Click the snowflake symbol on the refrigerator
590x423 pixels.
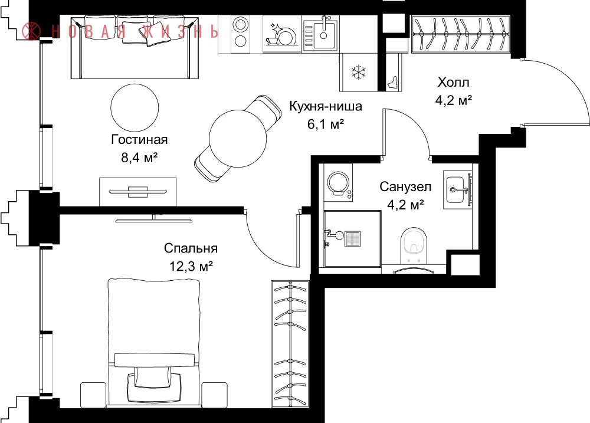(x=359, y=73)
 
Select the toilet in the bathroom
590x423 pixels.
(x=414, y=246)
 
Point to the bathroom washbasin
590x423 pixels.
(x=458, y=190)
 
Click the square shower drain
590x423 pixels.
(x=353, y=238)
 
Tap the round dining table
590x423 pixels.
(x=238, y=139)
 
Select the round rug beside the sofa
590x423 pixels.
(x=135, y=107)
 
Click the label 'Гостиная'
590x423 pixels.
(x=139, y=140)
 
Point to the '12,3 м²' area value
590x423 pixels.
(x=191, y=267)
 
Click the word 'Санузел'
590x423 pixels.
(x=405, y=186)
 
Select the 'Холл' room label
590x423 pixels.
(x=453, y=82)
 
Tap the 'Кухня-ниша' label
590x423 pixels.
(x=326, y=106)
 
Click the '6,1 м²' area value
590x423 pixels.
(x=326, y=124)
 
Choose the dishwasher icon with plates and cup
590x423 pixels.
(x=282, y=34)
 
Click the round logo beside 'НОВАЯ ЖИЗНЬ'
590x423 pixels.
(x=31, y=31)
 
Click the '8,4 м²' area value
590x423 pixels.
(x=139, y=158)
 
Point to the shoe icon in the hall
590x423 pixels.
(x=394, y=83)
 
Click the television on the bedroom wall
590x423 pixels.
(x=153, y=219)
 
